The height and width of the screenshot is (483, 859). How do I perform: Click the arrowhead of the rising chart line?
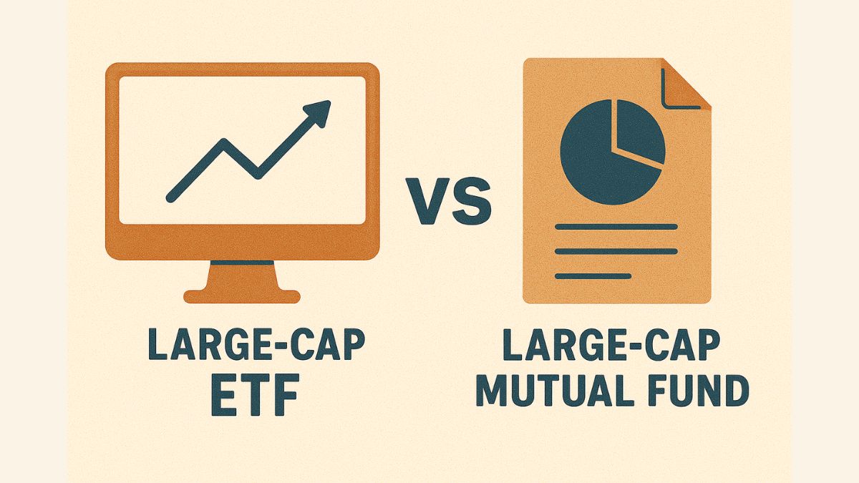tap(319, 113)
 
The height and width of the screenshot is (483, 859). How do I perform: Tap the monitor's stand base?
tap(242, 296)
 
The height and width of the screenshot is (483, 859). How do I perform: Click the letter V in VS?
tap(427, 201)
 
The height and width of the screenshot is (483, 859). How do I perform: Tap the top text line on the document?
tap(616, 227)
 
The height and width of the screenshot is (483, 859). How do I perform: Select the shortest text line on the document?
tap(593, 276)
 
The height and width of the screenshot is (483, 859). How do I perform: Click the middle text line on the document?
tap(616, 251)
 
